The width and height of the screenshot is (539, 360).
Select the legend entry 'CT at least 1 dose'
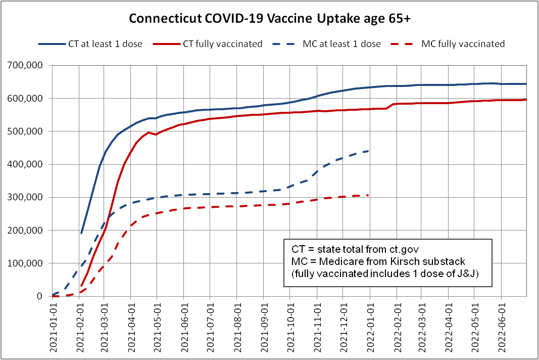105,44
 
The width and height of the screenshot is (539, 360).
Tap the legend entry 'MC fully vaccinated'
463,44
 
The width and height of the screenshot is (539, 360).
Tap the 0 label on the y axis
41,296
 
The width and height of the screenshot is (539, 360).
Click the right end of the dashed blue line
370,151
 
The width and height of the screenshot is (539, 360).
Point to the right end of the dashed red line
370,195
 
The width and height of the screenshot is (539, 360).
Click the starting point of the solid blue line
81,234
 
